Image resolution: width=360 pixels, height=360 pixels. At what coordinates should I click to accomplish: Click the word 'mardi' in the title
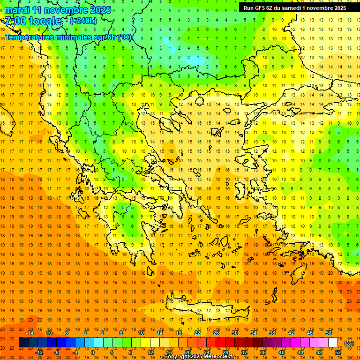click(16, 10)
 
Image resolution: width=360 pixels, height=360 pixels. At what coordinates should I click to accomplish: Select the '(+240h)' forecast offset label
click(83, 21)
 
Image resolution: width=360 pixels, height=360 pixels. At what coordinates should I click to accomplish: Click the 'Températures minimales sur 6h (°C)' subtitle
click(68, 37)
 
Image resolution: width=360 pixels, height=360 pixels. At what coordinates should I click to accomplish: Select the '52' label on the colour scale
click(337, 352)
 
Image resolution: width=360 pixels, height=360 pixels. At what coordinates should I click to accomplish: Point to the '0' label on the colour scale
click(92, 352)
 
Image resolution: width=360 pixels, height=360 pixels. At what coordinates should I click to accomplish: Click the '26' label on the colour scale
click(216, 332)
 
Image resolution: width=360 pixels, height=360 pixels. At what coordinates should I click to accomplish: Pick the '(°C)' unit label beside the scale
click(349, 343)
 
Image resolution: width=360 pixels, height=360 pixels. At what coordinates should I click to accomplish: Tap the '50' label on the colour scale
click(329, 332)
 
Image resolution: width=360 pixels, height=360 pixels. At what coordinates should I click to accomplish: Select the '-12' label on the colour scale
click(39, 352)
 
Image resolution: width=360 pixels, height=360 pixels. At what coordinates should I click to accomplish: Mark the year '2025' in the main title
click(100, 10)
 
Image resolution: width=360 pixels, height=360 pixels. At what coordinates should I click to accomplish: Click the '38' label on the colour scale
click(272, 332)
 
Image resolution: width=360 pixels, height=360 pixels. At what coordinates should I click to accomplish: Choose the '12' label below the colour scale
click(150, 352)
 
